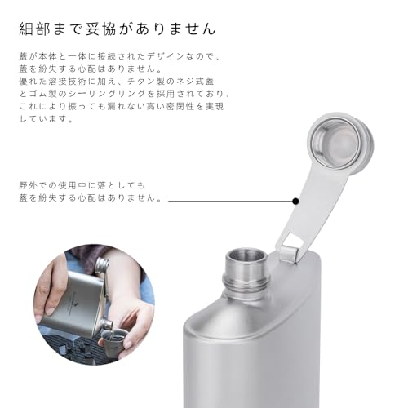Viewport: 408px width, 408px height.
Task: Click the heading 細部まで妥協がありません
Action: [x=118, y=29]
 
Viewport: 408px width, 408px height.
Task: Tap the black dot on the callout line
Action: [x=295, y=199]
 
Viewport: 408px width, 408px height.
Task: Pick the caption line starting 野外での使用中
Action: [x=82, y=186]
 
